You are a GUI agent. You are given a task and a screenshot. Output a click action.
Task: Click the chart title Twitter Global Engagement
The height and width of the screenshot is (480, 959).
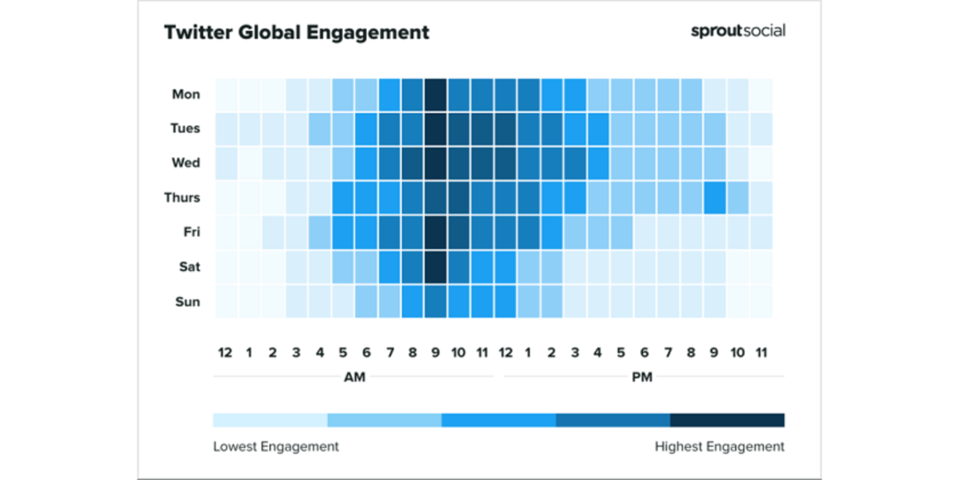tap(297, 33)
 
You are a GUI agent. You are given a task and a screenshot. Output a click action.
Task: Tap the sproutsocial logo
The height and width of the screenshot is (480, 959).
tap(738, 30)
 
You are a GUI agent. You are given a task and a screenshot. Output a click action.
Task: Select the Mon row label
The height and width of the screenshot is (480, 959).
tap(186, 94)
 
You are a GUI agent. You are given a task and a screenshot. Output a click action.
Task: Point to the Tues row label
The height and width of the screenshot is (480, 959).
tap(185, 128)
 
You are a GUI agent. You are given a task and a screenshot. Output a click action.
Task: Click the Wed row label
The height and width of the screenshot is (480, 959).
tap(186, 163)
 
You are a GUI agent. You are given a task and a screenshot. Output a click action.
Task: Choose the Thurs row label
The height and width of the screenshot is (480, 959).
tap(182, 197)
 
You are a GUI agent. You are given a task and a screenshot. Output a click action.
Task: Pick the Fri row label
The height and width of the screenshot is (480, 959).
tap(190, 232)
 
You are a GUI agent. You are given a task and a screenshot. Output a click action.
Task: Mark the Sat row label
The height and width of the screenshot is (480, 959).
tap(189, 267)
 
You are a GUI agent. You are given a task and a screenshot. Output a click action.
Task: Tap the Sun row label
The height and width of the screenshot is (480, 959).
tap(187, 301)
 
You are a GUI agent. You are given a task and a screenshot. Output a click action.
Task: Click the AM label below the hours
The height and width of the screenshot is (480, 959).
tap(354, 377)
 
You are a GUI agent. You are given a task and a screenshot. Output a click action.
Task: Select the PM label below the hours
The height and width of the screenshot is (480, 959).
tap(642, 377)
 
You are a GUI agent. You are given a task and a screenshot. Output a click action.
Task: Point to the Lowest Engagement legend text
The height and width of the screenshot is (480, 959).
tap(276, 446)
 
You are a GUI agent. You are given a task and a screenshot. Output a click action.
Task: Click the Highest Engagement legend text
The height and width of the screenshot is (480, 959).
tap(719, 446)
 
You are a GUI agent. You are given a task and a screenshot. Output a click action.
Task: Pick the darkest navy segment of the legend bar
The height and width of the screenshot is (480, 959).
tap(727, 420)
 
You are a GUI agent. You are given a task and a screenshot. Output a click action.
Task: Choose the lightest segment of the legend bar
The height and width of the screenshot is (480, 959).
tap(270, 420)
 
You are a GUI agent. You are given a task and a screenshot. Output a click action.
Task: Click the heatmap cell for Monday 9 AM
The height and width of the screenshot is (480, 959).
tap(435, 94)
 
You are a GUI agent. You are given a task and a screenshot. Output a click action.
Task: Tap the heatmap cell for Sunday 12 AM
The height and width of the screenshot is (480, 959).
tap(226, 301)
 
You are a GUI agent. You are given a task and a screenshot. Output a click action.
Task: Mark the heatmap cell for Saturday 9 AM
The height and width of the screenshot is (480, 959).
tap(435, 267)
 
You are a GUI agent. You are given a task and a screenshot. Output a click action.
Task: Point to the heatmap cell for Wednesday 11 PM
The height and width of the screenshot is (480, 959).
tap(761, 163)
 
